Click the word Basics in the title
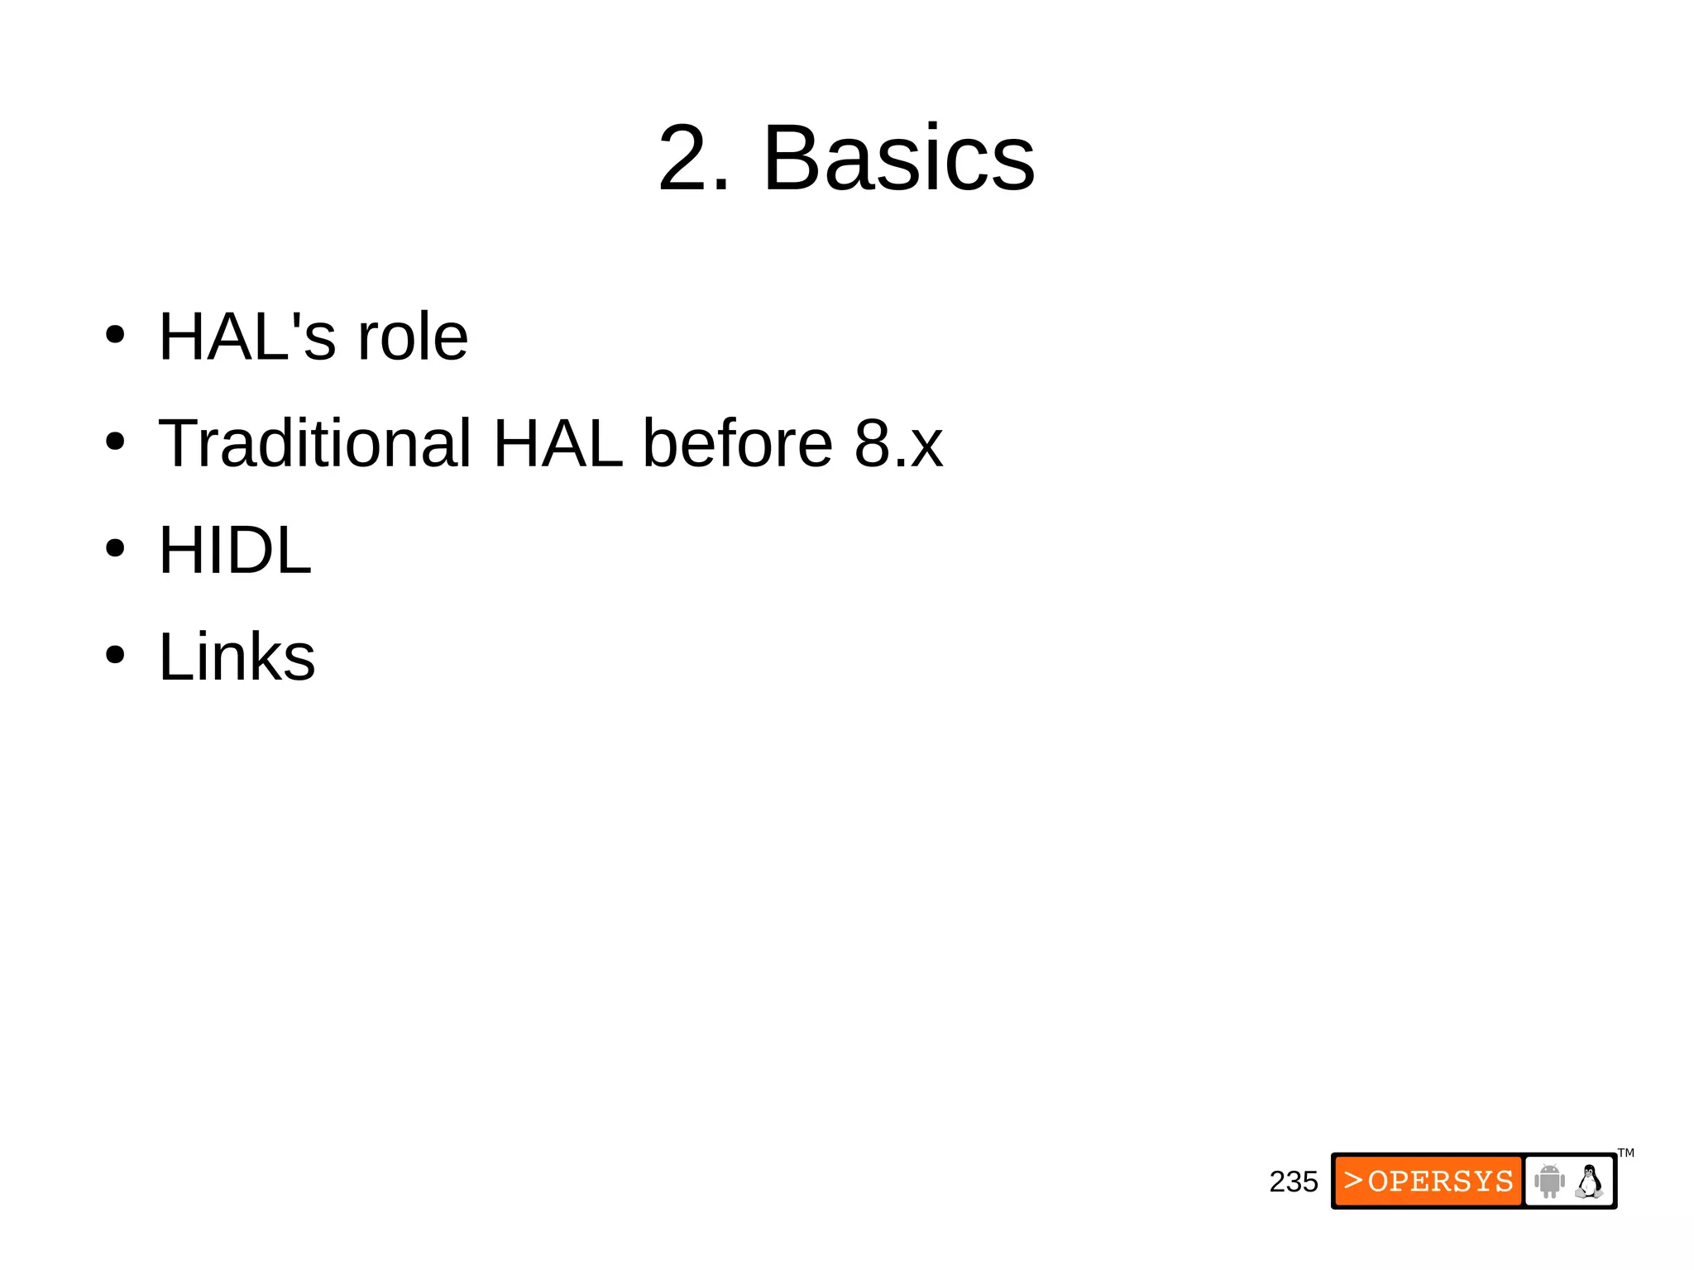click(x=898, y=158)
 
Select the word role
click(x=412, y=337)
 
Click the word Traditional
click(x=315, y=443)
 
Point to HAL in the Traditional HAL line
click(x=557, y=443)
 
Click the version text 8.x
click(x=898, y=443)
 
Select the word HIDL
click(x=235, y=550)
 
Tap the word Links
click(x=237, y=656)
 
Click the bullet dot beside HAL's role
click(x=115, y=336)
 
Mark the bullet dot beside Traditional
click(x=115, y=442)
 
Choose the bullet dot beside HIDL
click(x=115, y=548)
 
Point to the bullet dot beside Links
click(x=115, y=655)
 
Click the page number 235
click(x=1293, y=1182)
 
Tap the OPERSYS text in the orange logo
click(x=1440, y=1182)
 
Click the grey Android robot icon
click(x=1549, y=1181)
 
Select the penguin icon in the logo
click(x=1589, y=1181)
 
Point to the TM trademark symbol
click(x=1626, y=1153)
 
